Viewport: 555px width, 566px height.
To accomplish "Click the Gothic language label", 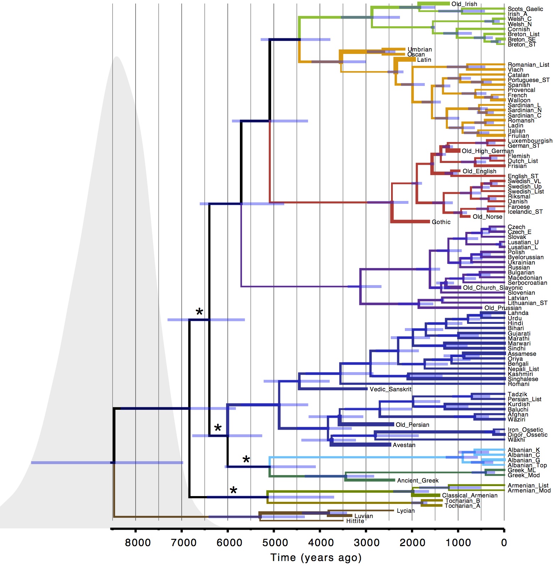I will pos(441,222).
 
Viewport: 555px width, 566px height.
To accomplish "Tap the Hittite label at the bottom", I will pos(355,521).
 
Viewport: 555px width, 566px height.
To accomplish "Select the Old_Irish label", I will pos(464,4).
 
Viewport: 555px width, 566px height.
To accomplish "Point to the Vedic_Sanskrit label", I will pos(390,389).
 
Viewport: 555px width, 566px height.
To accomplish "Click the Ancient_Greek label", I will pos(418,480).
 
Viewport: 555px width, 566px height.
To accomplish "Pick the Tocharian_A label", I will pos(462,506).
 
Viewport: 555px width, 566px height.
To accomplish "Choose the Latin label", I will pos(424,60).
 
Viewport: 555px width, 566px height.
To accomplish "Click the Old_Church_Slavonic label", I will pos(493,288).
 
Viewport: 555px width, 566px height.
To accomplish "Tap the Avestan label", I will pos(404,445).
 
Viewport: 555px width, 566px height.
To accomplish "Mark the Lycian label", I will pos(406,511).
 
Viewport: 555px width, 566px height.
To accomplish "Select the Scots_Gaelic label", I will pos(525,9).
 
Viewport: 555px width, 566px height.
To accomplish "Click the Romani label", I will pos(518,384).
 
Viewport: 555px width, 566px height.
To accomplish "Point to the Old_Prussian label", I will pos(503,308).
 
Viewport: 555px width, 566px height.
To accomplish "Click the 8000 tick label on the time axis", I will pos(138,543).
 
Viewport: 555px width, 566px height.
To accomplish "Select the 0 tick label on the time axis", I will pos(504,543).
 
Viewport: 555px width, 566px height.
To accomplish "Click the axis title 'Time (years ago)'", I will pos(316,557).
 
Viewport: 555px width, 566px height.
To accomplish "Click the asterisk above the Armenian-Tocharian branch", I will pos(233,491).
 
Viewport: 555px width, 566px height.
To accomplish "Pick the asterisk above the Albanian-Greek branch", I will pos(246,460).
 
